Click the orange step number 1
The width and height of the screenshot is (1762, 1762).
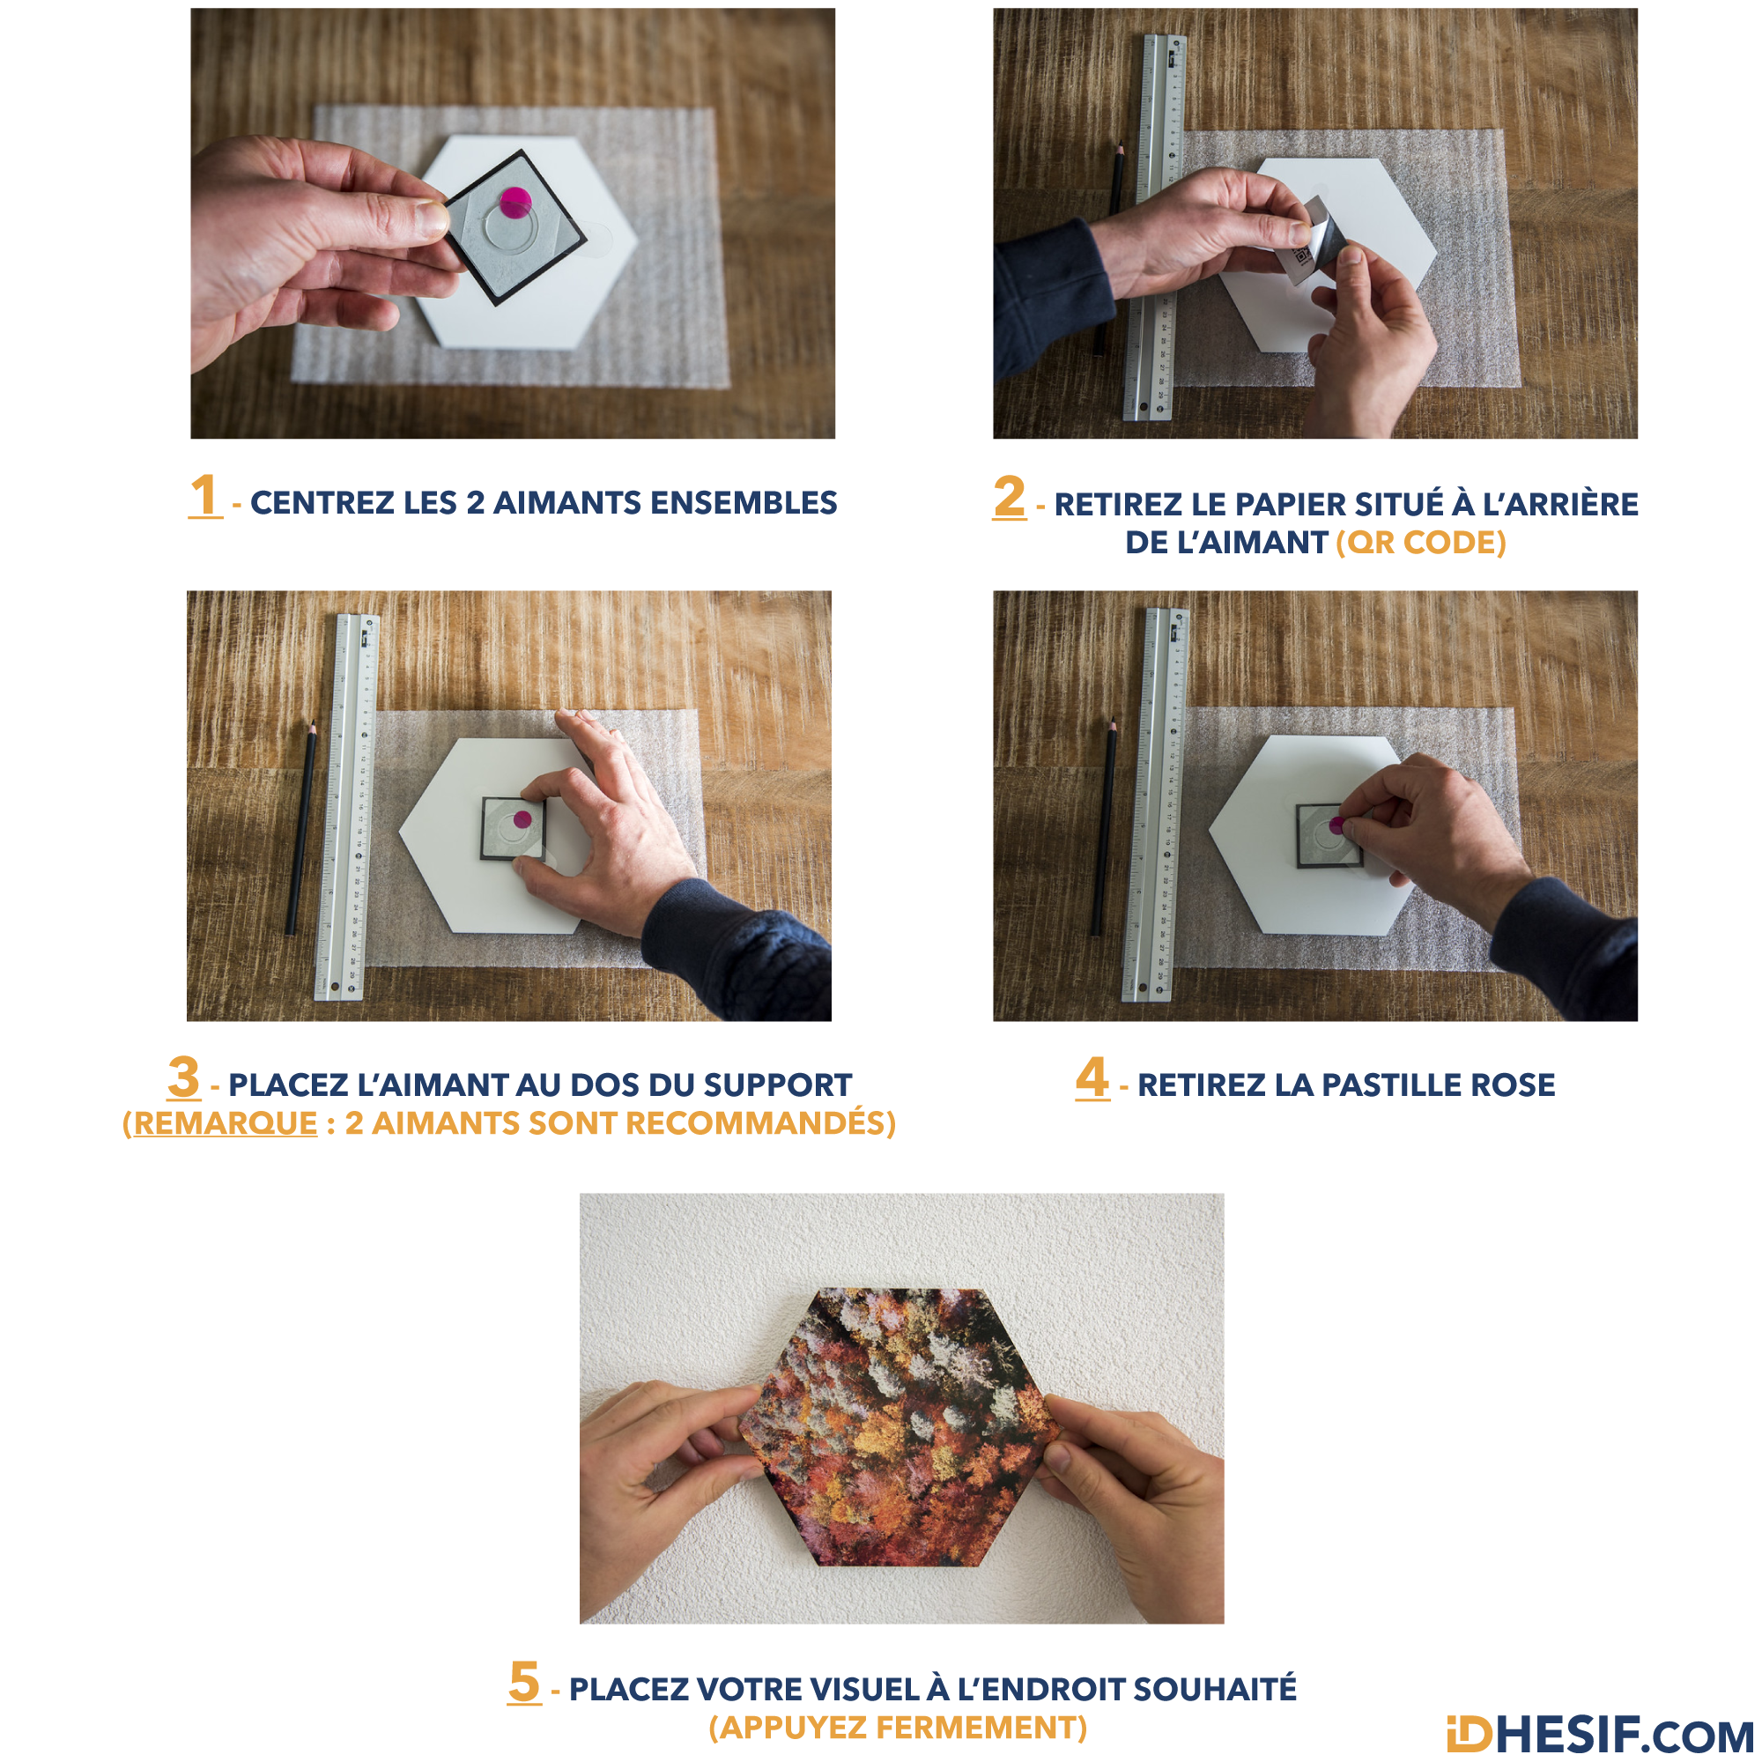[205, 495]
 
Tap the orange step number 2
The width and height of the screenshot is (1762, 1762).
[1010, 497]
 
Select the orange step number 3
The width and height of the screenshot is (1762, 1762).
[183, 1077]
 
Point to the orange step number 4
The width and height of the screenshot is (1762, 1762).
[1092, 1077]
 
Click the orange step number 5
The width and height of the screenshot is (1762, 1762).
[524, 1681]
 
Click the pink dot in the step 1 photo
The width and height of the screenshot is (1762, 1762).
[516, 203]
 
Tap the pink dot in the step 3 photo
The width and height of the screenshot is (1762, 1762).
[522, 819]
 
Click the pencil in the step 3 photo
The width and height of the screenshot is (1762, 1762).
[301, 828]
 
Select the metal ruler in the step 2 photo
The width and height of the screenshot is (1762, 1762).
[1157, 228]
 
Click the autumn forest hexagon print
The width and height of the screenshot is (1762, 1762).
[901, 1427]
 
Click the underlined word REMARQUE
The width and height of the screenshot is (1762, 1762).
[226, 1123]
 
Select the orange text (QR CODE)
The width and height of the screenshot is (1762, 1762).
[1420, 543]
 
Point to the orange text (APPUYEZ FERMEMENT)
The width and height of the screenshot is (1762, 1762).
[899, 1728]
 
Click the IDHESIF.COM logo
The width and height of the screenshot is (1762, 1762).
[1601, 1735]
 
